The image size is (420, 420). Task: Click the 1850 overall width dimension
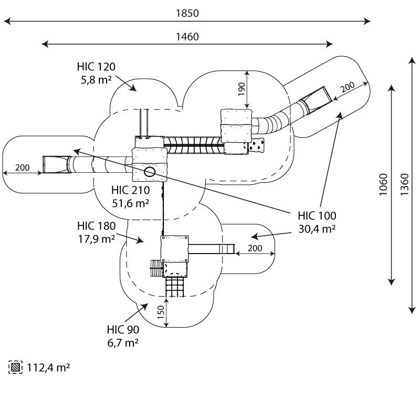pos(187,13)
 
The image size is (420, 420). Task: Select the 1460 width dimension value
pos(187,37)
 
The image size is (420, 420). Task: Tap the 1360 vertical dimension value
pos(404,185)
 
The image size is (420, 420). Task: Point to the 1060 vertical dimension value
pos(383,185)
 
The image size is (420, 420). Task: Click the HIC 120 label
pos(96,67)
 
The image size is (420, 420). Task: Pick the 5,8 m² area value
pos(96,80)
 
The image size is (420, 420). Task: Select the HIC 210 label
pos(130,190)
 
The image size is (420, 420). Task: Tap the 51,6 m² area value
pos(130,203)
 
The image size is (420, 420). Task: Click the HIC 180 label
pos(97,226)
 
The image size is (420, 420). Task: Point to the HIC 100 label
pos(317,216)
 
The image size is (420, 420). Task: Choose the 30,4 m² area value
pos(317,229)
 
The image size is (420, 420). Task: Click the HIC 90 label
pos(123,330)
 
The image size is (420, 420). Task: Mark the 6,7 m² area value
pos(123,343)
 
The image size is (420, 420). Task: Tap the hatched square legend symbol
pos(16,367)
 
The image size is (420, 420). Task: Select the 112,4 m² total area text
pos(48,367)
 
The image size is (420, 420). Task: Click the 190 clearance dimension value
pos(241,89)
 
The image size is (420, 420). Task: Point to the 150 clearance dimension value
pos(161,312)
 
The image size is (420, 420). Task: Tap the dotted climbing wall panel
pos(256,145)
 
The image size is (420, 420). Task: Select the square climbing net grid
pos(175,287)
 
